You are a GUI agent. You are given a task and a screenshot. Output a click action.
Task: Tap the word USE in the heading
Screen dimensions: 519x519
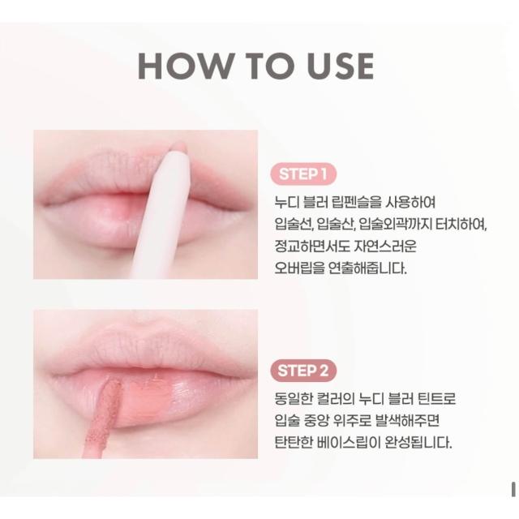click(341, 66)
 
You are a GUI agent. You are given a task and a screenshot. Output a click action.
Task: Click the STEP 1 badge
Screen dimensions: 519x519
click(303, 174)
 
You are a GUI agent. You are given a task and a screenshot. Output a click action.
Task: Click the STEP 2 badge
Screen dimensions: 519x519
click(303, 371)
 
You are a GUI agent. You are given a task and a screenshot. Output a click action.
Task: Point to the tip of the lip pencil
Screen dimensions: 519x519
click(180, 144)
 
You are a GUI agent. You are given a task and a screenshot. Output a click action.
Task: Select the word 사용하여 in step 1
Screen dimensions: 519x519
click(410, 202)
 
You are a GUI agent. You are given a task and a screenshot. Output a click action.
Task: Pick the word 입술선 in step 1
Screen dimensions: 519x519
click(294, 225)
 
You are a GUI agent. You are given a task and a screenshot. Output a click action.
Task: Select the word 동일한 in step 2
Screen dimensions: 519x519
click(293, 398)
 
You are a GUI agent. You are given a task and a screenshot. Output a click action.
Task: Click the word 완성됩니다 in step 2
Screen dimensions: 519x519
click(418, 442)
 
